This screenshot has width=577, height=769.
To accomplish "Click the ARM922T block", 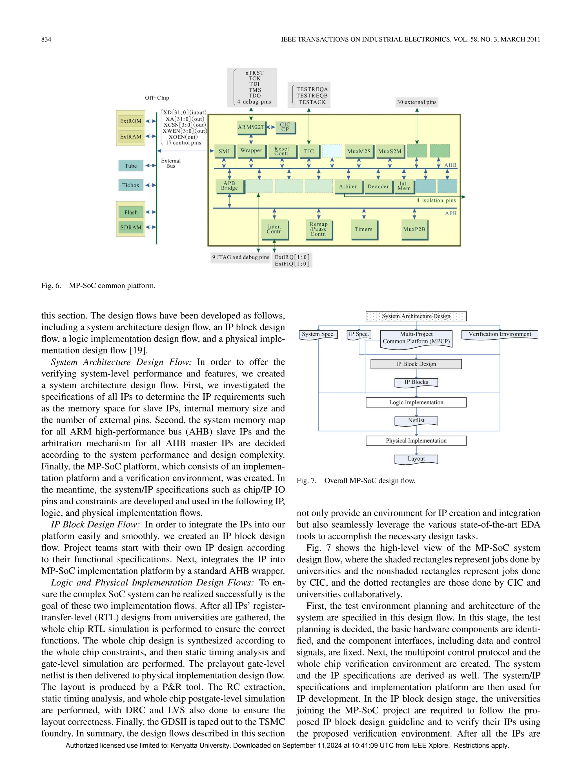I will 251,127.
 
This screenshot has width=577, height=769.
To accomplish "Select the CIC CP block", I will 285,127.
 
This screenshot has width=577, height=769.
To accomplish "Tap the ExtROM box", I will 131,121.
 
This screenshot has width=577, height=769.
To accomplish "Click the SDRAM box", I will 131,227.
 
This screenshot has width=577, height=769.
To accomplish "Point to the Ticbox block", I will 130,185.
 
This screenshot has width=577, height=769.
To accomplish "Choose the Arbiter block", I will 348,187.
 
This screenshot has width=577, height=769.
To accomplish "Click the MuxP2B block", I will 414,229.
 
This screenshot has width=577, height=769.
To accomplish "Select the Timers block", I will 363,229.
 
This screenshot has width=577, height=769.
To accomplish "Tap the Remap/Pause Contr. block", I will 318,229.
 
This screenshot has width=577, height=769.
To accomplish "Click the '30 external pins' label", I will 417,102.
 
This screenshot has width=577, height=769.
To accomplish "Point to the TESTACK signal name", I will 312,102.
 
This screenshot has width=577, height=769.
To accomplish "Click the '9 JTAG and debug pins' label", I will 241,257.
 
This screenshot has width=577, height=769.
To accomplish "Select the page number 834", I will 46,39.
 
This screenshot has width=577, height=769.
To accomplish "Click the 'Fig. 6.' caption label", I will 51,286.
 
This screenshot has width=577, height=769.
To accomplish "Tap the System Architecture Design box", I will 416,316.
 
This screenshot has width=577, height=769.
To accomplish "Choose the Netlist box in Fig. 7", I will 416,421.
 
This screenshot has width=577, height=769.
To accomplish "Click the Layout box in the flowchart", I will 416,459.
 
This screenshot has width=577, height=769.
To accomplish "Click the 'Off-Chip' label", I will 157,98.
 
